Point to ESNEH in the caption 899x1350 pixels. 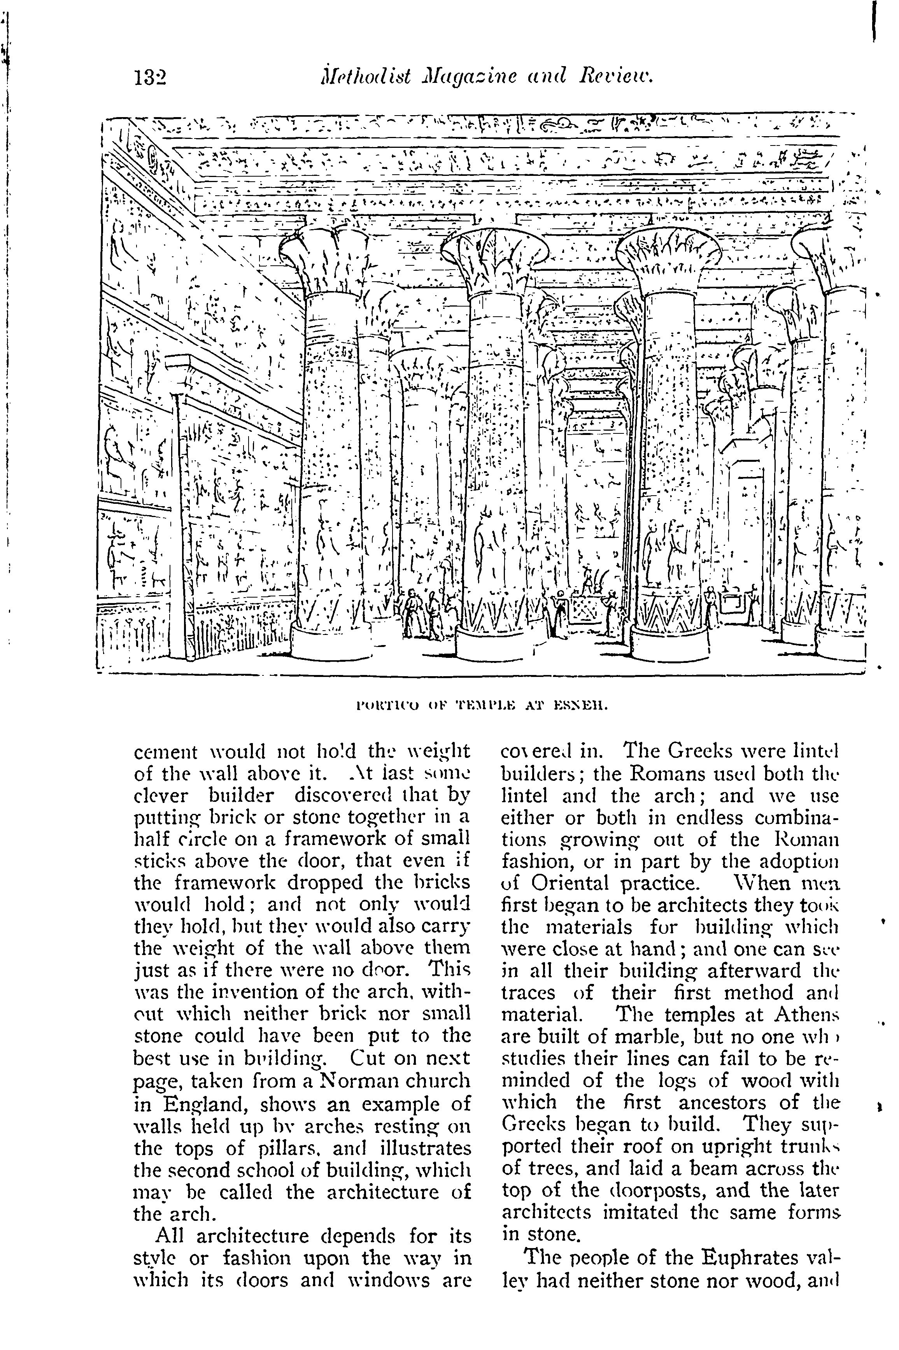coord(579,706)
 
